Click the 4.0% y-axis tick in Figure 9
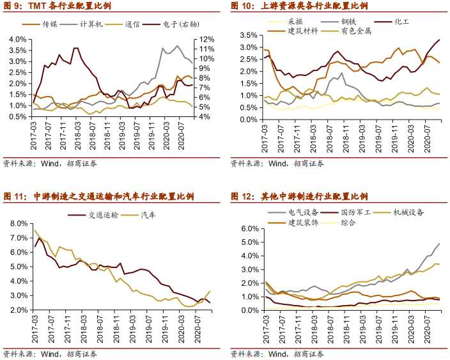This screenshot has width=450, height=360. click(x=19, y=39)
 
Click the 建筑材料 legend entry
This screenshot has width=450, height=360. click(x=304, y=30)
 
